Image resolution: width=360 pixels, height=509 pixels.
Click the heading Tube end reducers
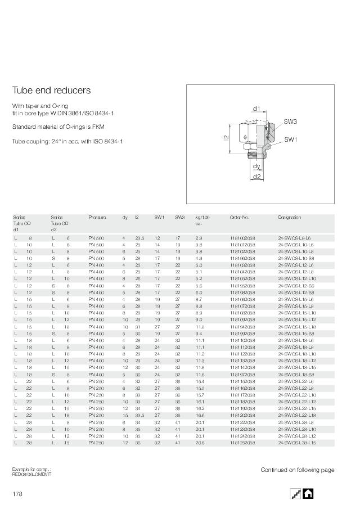51,91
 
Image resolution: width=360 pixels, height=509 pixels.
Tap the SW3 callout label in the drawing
290,121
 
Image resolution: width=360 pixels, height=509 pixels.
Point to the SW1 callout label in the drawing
290,139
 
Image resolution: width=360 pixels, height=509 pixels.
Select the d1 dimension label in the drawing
256,109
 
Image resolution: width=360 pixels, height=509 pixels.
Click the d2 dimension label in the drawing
256,177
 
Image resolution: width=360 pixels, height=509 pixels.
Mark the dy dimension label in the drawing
256,166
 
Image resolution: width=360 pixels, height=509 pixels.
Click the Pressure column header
97,217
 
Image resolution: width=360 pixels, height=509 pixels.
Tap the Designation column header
289,217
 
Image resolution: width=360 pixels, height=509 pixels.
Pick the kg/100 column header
202,217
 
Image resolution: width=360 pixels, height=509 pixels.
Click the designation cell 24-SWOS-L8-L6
294,238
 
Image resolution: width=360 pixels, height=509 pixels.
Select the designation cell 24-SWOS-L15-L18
296,327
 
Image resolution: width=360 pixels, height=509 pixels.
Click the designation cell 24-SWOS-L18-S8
296,374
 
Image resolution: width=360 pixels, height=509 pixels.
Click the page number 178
18,494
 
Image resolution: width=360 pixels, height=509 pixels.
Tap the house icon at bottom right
308,493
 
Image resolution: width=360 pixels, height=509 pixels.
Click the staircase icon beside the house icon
296,493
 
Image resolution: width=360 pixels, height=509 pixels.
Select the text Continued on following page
297,470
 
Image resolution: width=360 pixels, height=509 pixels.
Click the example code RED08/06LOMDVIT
31,474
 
